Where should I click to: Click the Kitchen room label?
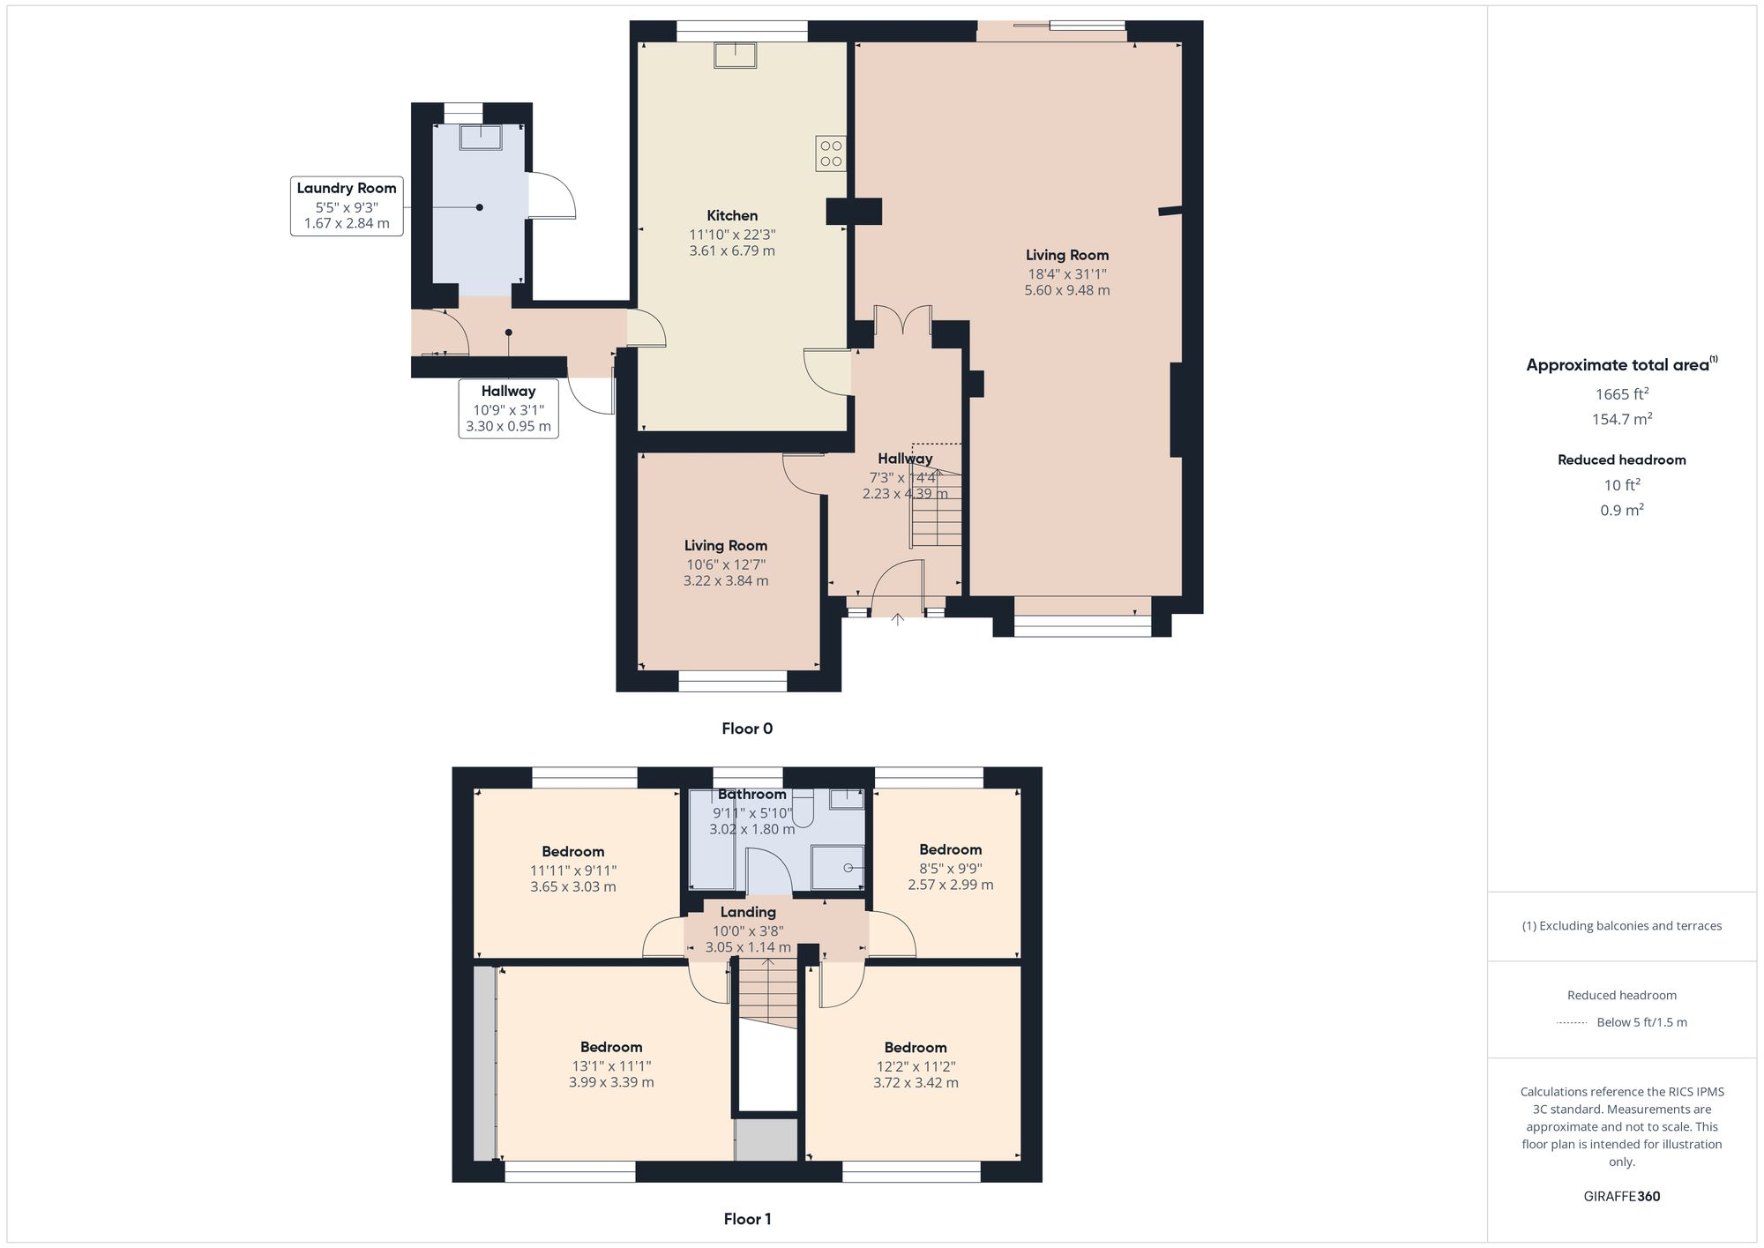732,215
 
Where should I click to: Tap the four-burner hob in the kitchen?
830,153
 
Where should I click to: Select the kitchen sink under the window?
734,55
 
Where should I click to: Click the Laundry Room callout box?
347,206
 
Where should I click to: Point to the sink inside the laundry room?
480,137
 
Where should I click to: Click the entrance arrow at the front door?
898,619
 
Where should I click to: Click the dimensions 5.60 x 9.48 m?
1066,290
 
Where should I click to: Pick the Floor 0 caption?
747,729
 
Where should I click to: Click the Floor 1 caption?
747,1219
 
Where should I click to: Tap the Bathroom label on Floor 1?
751,794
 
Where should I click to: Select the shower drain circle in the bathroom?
848,868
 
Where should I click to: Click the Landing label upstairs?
748,912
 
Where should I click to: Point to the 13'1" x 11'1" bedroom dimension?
611,1065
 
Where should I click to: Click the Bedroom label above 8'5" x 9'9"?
950,849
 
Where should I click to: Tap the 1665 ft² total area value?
1621,393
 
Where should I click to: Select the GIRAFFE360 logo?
1621,1196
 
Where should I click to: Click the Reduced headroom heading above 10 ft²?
1621,460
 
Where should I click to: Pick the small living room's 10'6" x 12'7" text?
726,564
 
